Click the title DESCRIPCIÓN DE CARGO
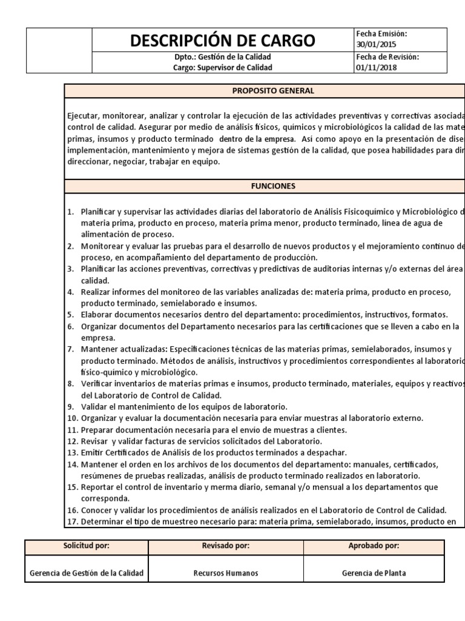pos(222,41)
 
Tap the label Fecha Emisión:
pos(382,34)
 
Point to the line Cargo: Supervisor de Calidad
pos(222,67)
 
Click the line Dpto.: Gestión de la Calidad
pos(222,57)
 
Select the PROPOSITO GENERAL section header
pos(274,91)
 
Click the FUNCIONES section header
pos(274,186)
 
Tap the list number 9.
pos(70,406)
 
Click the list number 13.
pos(72,452)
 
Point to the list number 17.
pos(72,522)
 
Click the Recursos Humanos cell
pos(226,572)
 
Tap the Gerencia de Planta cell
pos(374,572)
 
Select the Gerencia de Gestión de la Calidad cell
pos(87,572)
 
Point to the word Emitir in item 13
pos(91,452)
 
